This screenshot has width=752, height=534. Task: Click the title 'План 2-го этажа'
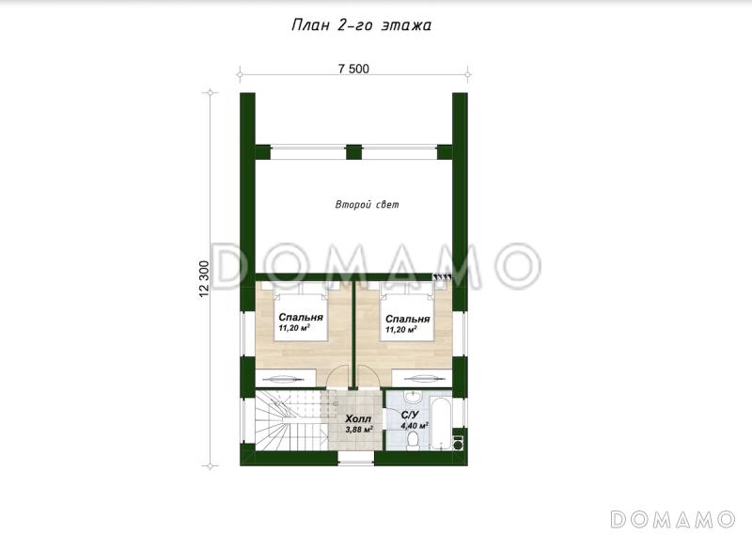(361, 25)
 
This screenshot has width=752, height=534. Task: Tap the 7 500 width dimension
(354, 69)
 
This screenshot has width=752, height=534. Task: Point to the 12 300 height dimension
(204, 279)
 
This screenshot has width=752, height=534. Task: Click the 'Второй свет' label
(367, 205)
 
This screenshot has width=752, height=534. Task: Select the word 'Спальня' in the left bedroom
(301, 318)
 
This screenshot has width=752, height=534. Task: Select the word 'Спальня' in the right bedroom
(407, 319)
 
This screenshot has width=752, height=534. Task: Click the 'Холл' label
(358, 419)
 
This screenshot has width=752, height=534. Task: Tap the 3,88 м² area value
(359, 429)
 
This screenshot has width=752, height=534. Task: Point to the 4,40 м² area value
(415, 425)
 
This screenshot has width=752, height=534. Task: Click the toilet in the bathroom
(413, 441)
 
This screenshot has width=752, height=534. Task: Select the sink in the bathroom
(413, 398)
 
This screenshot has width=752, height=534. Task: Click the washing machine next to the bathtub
(459, 442)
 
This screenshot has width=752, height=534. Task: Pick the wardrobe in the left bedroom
(286, 378)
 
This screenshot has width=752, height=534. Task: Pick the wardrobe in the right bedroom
(422, 378)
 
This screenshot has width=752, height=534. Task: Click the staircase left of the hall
(291, 421)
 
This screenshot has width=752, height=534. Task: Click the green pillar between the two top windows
(353, 152)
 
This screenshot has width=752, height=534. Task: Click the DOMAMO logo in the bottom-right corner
(672, 519)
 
